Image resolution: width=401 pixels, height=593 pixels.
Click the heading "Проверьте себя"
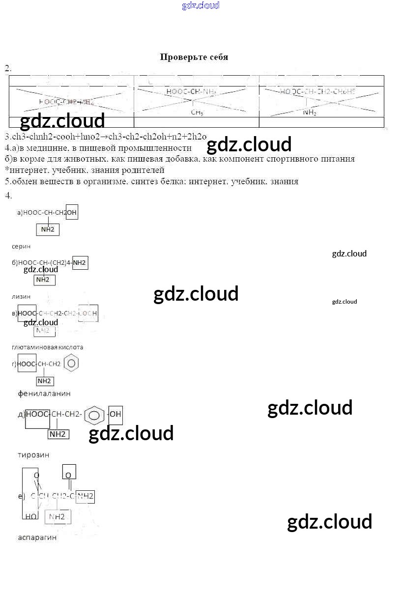[x=194, y=57]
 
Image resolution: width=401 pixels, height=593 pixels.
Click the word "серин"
[x=21, y=246]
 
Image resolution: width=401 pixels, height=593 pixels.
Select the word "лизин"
[x=21, y=296]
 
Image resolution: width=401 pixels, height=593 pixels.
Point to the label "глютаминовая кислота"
[x=47, y=347]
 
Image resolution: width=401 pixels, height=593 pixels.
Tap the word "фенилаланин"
[x=44, y=394]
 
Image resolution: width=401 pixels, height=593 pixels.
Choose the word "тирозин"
[x=33, y=455]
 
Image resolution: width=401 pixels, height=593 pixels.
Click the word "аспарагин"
[x=37, y=537]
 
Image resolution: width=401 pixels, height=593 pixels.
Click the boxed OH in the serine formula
[x=72, y=212]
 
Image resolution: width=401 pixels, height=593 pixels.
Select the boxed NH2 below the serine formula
[x=48, y=229]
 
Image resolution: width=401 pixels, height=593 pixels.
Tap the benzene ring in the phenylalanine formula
[x=71, y=364]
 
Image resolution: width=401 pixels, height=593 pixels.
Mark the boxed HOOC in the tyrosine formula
[x=37, y=415]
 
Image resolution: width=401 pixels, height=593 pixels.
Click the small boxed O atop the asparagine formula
[x=69, y=473]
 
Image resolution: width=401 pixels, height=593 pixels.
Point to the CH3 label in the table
[x=197, y=113]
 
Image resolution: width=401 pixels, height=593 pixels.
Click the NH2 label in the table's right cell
[x=310, y=113]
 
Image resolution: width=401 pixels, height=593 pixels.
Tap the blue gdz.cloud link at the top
[x=200, y=6]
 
